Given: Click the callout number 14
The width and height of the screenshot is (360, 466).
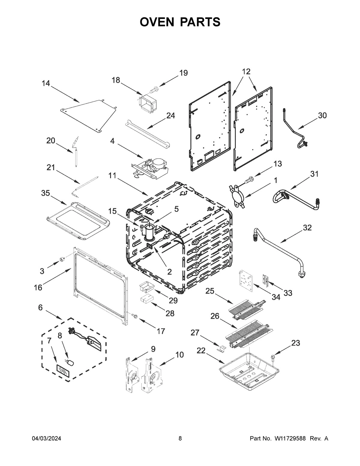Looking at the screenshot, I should [x=46, y=83].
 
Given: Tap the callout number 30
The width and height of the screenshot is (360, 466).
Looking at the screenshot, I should [x=322, y=115].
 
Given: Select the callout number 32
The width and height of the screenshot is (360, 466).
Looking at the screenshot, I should [x=307, y=227].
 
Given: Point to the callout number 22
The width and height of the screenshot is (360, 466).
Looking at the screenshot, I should [x=201, y=350].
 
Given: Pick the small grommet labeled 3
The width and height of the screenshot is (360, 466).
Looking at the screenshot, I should [x=62, y=259].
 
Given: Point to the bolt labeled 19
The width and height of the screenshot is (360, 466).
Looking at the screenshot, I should [x=155, y=88].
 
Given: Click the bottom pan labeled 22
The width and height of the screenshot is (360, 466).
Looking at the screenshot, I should [x=247, y=367].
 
